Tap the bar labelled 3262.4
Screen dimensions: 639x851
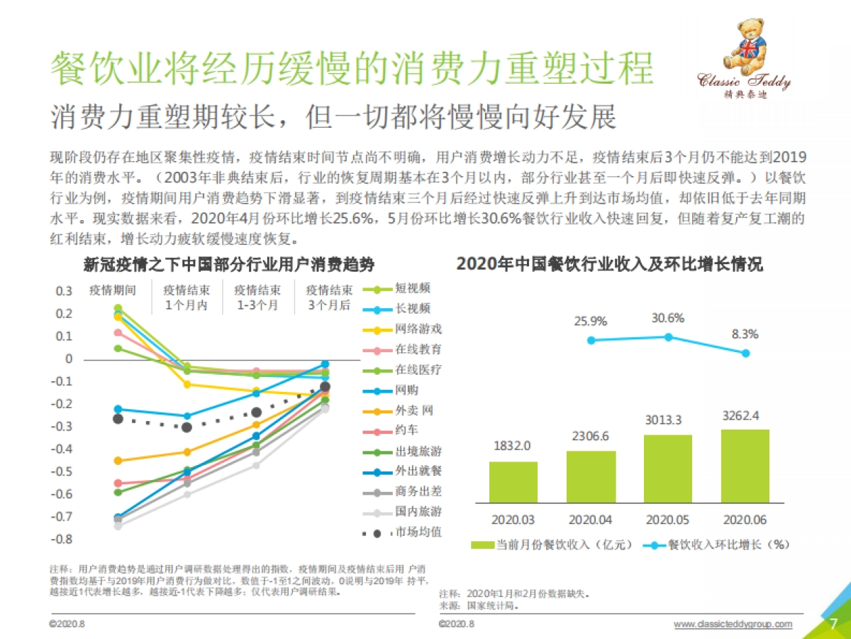(745, 466)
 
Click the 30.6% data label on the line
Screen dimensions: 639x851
(668, 318)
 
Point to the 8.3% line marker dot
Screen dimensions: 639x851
(745, 353)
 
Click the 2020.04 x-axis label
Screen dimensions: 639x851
(591, 520)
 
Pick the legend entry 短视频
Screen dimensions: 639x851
(411, 289)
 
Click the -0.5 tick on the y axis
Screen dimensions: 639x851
(64, 471)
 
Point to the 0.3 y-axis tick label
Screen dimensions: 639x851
(64, 291)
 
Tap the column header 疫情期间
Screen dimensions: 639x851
(112, 290)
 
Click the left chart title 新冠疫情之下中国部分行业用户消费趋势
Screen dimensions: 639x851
(229, 265)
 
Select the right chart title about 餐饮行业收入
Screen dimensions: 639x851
(609, 265)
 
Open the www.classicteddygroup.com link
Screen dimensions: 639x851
(732, 624)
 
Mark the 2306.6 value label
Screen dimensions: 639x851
(591, 437)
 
